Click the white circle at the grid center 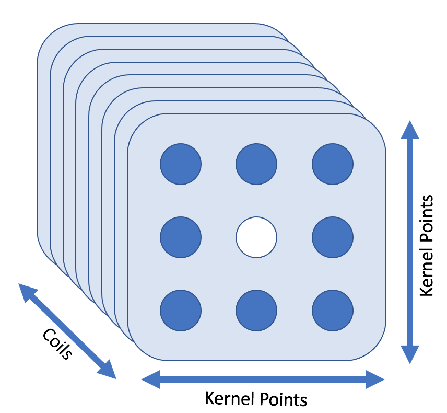(256, 237)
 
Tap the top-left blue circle (180, 163)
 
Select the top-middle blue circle (256, 163)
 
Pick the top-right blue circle (333, 163)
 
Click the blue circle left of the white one (180, 237)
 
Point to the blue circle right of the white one (333, 237)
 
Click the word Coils (56, 343)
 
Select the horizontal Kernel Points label (255, 399)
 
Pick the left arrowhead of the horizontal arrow (150, 379)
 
